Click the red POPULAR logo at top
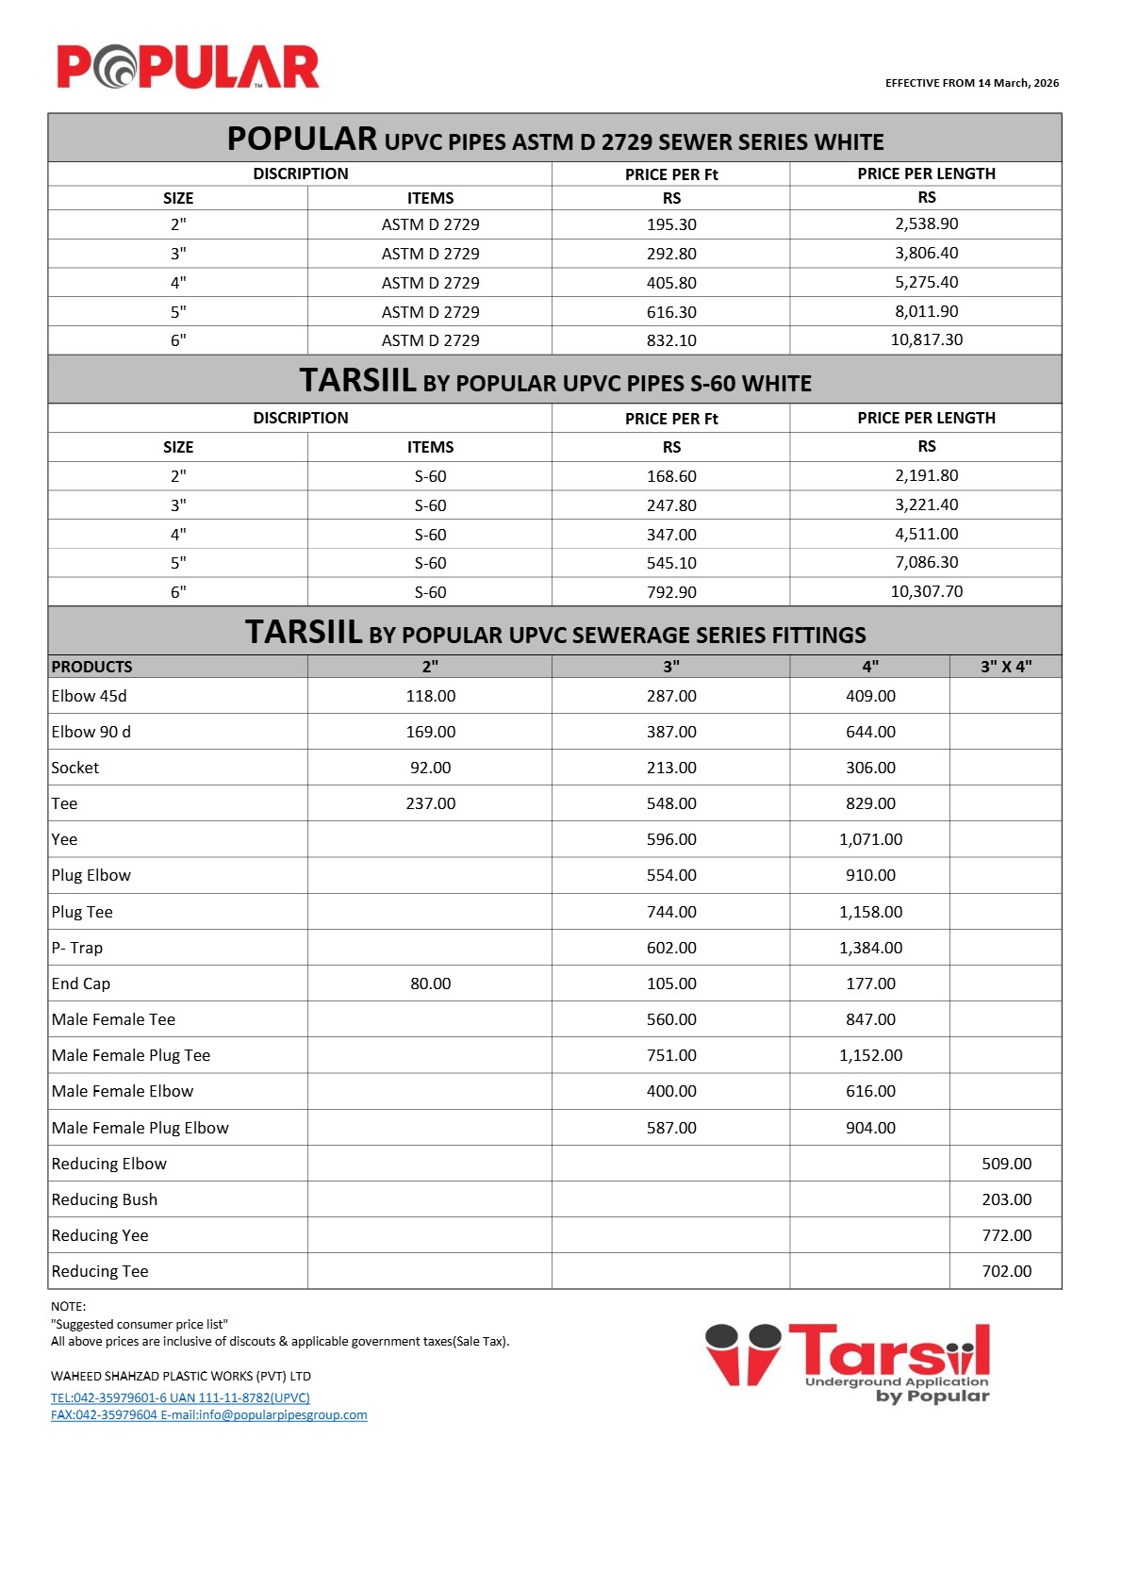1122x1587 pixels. (x=188, y=67)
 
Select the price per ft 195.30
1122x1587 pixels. (x=671, y=224)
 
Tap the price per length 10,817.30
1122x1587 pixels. (x=926, y=339)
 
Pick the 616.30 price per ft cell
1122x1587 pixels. (x=671, y=311)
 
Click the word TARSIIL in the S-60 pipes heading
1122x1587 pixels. (x=357, y=380)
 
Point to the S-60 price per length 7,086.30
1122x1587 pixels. (x=926, y=562)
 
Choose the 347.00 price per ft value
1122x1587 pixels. (x=671, y=535)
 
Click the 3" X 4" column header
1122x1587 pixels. (x=1005, y=667)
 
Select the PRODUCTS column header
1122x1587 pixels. (x=92, y=667)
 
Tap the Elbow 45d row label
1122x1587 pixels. (x=90, y=696)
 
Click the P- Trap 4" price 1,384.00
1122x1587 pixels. (x=870, y=948)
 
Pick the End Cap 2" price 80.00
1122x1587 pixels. (x=430, y=984)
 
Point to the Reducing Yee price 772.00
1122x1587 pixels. (x=1006, y=1235)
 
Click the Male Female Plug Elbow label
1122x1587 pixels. (x=140, y=1128)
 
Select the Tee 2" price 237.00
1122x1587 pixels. (x=430, y=803)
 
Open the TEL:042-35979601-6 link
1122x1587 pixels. (x=180, y=1397)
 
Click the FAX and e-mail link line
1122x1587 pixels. (x=208, y=1414)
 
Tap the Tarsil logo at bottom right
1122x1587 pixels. (x=848, y=1362)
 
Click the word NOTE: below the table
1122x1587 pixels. (x=69, y=1306)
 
